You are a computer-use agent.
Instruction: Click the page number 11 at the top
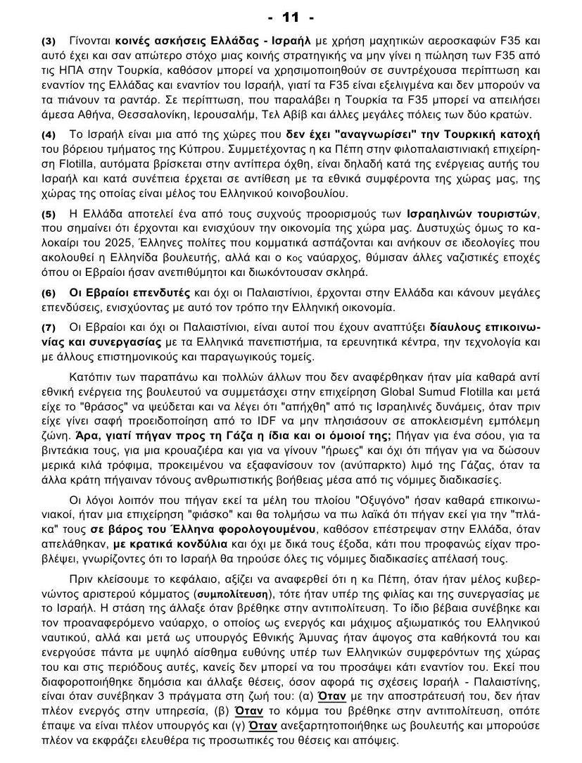click(290, 16)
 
